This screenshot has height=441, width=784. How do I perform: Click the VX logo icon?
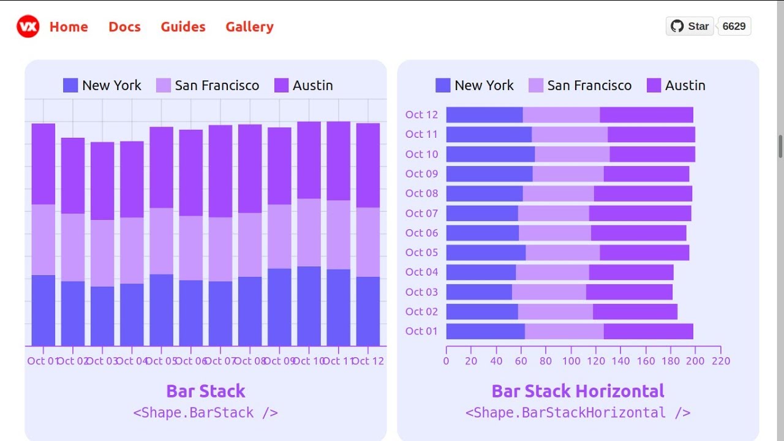click(28, 26)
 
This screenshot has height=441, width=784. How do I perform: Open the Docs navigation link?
click(124, 27)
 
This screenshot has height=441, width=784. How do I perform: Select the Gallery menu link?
click(249, 27)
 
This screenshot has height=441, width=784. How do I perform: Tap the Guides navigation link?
click(183, 27)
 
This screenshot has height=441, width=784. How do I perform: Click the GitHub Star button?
click(690, 26)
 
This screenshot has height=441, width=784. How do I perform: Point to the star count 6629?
click(734, 26)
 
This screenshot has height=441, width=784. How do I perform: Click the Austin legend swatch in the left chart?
click(281, 86)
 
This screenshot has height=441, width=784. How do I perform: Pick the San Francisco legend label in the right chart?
click(589, 86)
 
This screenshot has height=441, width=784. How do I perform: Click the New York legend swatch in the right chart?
click(442, 86)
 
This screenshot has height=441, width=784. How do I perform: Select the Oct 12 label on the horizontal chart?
click(421, 115)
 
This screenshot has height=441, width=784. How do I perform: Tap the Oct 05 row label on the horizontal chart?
click(421, 252)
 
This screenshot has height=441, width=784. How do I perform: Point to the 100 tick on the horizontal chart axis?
click(571, 361)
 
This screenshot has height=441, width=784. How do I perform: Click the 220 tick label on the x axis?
click(721, 361)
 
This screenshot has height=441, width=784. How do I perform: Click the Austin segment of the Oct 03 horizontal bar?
click(629, 292)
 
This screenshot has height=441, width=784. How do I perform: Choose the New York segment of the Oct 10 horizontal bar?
click(490, 154)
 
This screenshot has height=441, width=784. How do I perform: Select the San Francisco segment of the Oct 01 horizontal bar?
click(564, 331)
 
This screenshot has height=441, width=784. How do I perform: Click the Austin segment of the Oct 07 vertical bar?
click(221, 171)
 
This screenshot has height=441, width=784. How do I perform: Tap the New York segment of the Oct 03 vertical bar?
click(102, 316)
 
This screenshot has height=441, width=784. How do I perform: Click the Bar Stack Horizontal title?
click(578, 391)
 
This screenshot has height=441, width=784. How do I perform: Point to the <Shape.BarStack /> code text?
click(205, 413)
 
